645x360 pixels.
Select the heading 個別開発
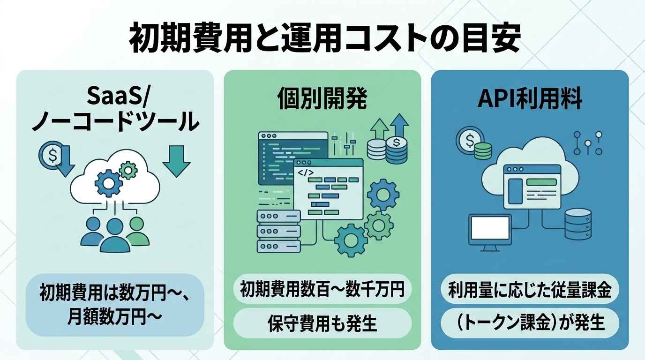click(322, 99)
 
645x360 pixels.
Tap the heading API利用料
click(530, 99)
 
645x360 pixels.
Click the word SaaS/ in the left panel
click(117, 97)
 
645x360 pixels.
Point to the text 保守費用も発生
click(322, 323)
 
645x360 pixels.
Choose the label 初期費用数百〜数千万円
click(322, 289)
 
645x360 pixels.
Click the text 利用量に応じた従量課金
click(530, 289)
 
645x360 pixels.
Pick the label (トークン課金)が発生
click(530, 323)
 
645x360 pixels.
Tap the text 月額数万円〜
click(114, 316)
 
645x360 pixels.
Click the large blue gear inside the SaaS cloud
click(109, 183)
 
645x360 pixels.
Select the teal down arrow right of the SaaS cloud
click(176, 161)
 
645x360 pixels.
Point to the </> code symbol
click(306, 173)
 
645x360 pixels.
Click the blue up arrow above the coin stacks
click(399, 126)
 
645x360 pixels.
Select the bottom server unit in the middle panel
click(278, 247)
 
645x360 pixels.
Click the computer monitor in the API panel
click(490, 232)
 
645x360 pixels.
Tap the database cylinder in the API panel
click(578, 225)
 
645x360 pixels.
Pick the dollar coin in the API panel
click(469, 141)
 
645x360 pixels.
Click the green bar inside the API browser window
click(541, 182)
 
